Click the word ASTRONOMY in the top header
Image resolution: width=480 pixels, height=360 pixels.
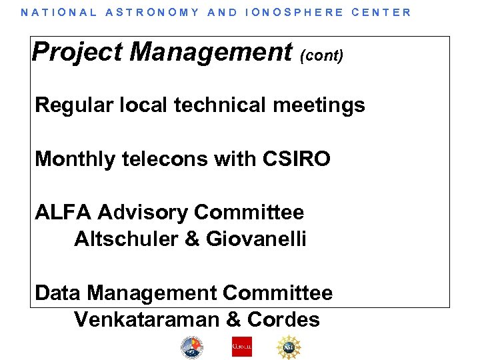(x=152, y=12)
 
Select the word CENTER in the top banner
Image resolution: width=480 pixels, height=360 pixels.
(x=381, y=12)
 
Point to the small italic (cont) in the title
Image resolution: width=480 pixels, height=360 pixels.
(x=322, y=55)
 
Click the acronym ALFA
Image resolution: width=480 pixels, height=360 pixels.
(x=63, y=213)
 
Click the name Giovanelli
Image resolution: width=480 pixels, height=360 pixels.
(x=256, y=239)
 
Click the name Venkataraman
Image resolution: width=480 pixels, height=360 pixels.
(x=147, y=319)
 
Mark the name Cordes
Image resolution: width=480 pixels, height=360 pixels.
(x=283, y=319)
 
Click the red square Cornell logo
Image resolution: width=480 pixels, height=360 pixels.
(x=241, y=347)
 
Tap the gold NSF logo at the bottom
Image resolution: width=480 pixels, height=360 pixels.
(x=290, y=347)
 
